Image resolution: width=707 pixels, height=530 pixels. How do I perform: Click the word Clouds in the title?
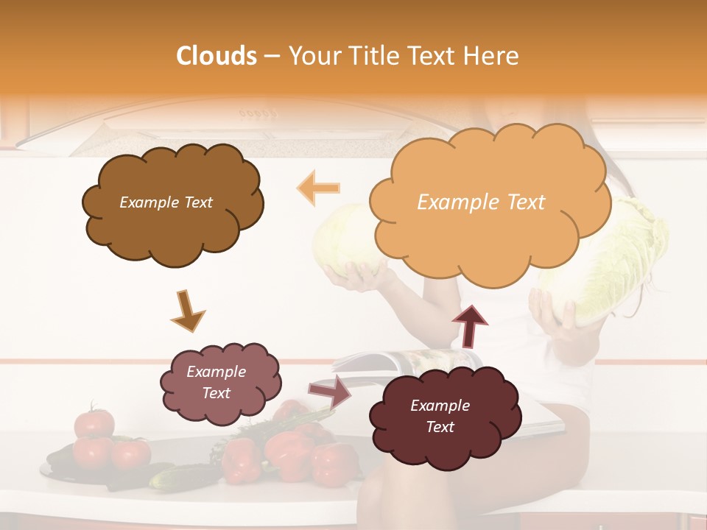coord(217,56)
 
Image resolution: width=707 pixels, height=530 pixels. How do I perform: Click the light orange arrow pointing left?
coord(317,188)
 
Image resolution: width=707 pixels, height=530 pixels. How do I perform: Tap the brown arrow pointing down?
coord(187,310)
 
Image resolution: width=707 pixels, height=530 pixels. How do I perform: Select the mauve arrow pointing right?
coord(330,390)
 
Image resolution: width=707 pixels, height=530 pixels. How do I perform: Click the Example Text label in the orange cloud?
coord(481,202)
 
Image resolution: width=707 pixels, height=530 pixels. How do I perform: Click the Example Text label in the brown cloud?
coord(166,202)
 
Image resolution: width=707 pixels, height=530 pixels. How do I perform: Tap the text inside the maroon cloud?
coord(440,417)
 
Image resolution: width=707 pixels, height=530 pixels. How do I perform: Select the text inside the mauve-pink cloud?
coord(216,383)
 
